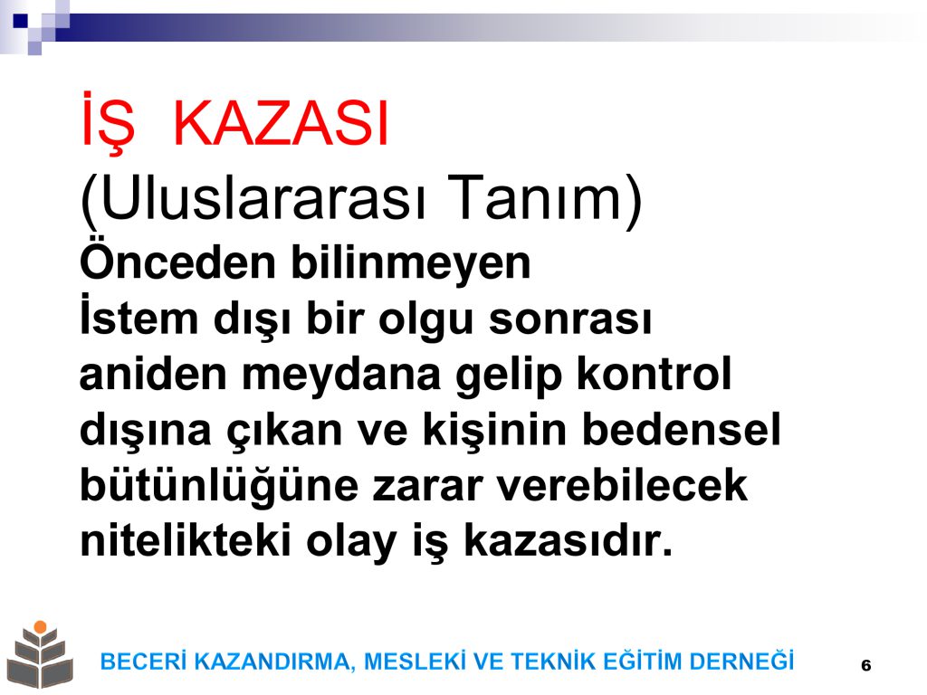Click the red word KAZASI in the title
(x=281, y=123)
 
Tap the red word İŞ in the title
(x=108, y=122)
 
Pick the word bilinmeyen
(x=411, y=263)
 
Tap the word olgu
(x=425, y=319)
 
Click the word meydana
(x=341, y=375)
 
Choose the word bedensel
(x=681, y=429)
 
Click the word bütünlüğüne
(x=219, y=486)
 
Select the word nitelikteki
(x=185, y=540)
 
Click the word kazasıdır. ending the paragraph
(x=569, y=540)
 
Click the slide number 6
(x=866, y=665)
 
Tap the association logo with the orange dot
(x=40, y=654)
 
